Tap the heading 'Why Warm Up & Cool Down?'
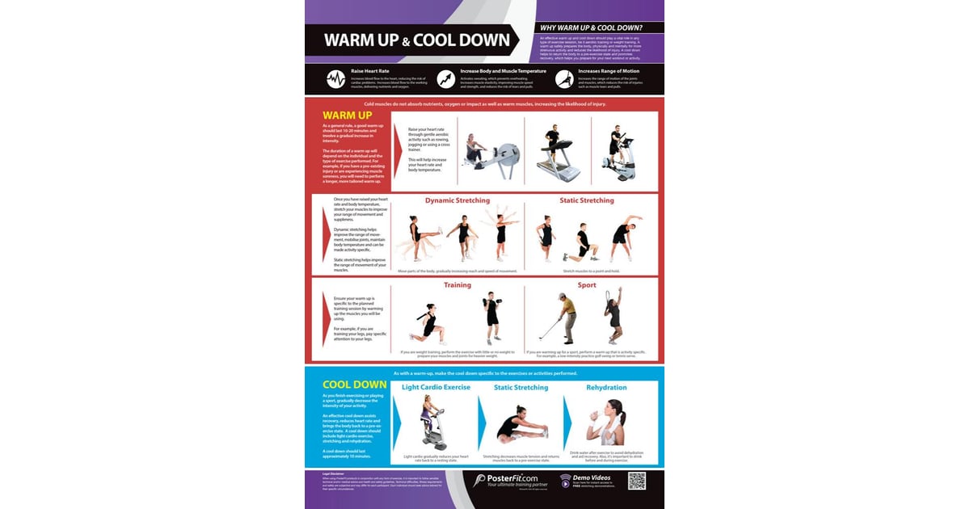[x=597, y=27]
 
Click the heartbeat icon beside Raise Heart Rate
[x=335, y=78]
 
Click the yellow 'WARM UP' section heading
[x=346, y=116]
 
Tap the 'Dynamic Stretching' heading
[x=458, y=200]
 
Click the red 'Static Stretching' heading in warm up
[x=587, y=200]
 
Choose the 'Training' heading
[x=458, y=285]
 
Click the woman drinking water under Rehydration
[x=613, y=421]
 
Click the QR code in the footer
[x=638, y=481]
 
